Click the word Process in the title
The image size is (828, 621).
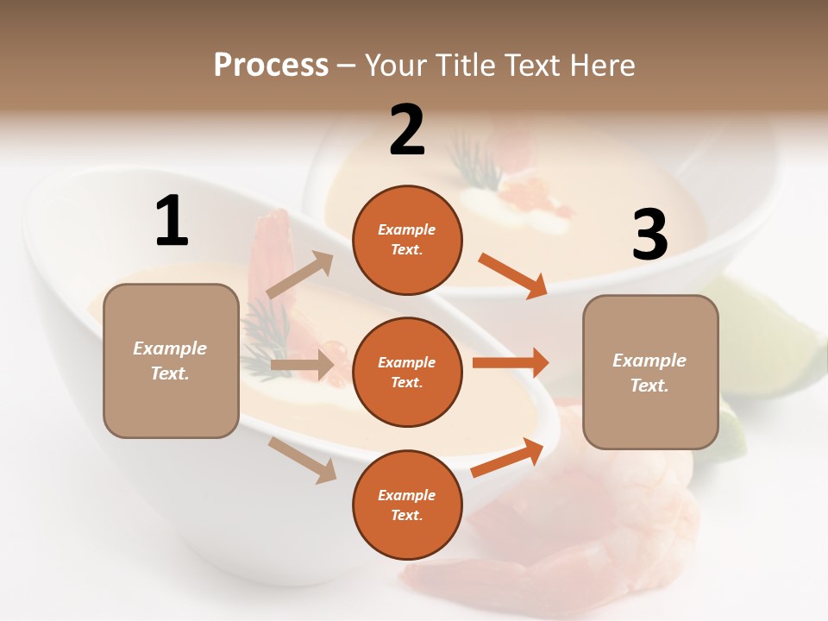click(271, 66)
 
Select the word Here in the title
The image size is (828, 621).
click(601, 66)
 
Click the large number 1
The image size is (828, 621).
click(172, 222)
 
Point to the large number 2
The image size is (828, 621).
click(407, 130)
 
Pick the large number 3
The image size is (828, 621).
click(649, 235)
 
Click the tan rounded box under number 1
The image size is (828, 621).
click(171, 361)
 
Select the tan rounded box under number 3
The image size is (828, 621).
click(650, 373)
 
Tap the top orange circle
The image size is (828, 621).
click(407, 240)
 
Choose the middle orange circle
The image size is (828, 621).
click(407, 372)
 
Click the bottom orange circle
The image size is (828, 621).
click(407, 505)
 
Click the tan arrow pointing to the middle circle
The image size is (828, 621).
click(302, 365)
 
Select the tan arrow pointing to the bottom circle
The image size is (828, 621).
click(303, 460)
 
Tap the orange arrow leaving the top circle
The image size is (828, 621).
click(513, 276)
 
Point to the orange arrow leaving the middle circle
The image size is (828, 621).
click(511, 362)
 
